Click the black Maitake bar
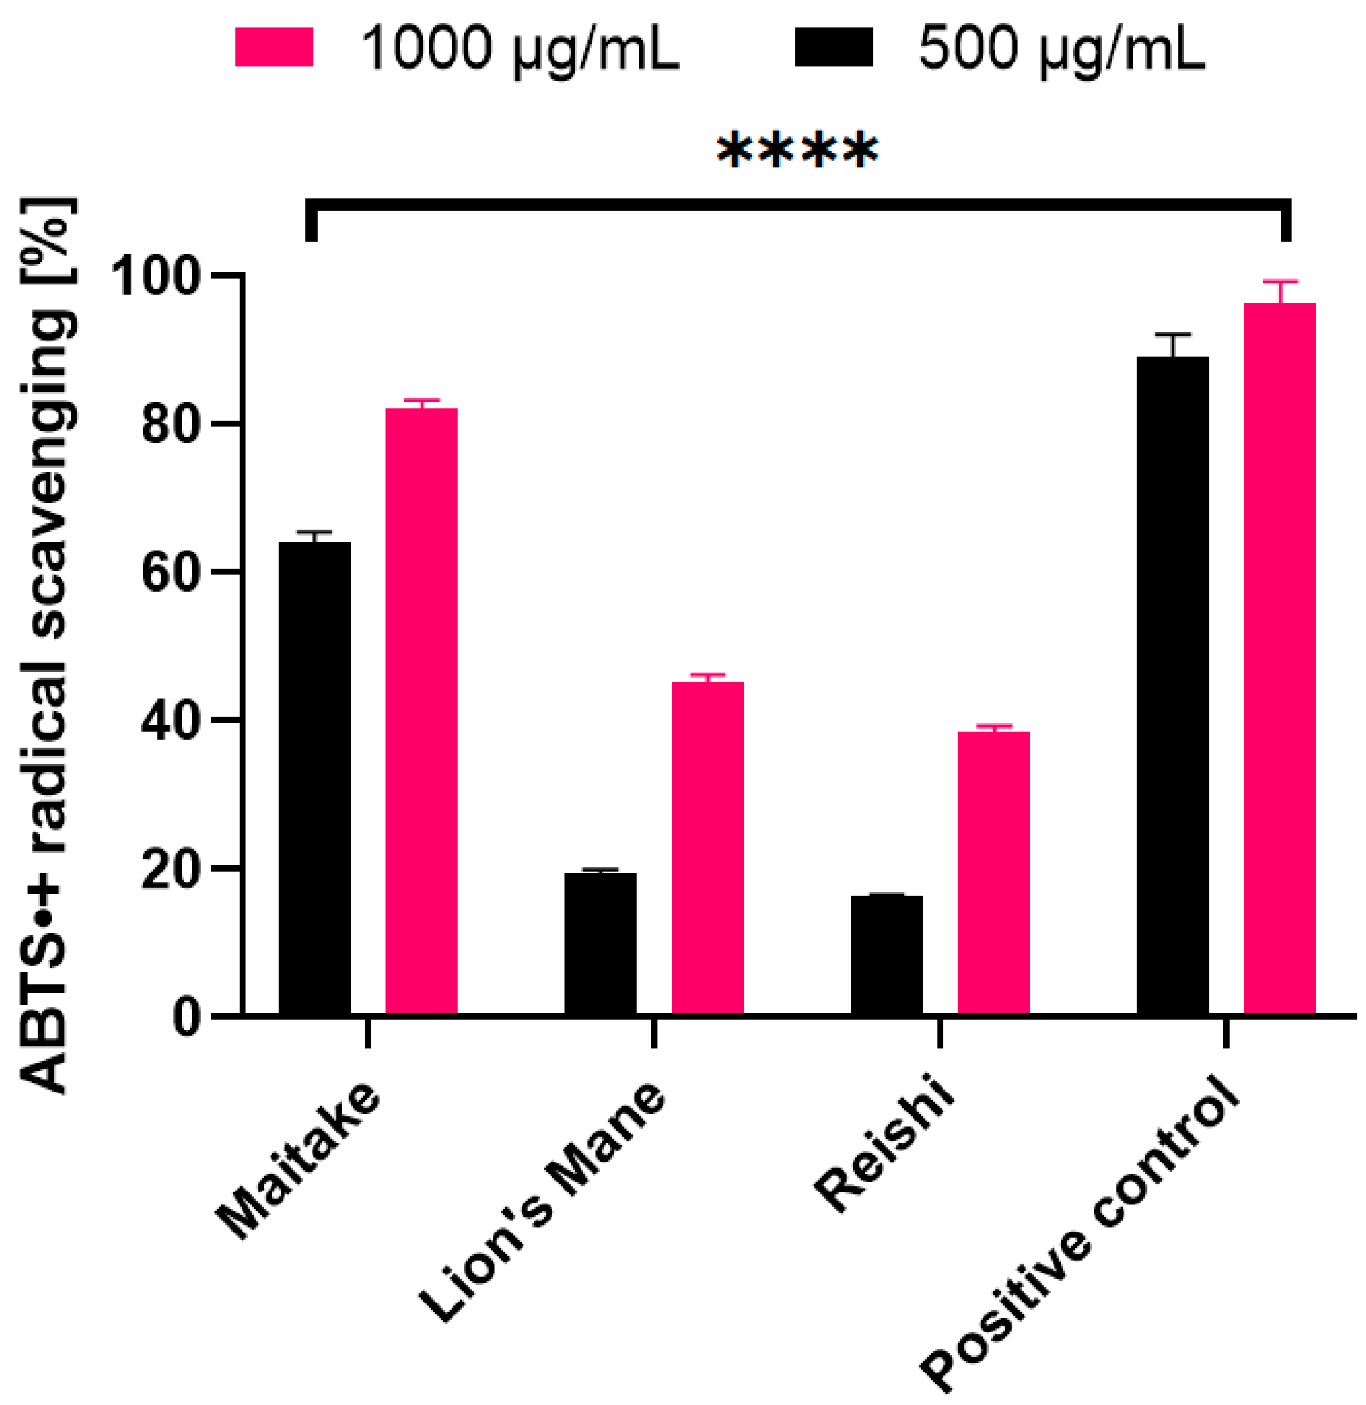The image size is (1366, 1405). tap(314, 778)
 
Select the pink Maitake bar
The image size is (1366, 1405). tap(422, 710)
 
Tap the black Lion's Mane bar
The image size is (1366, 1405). tap(600, 943)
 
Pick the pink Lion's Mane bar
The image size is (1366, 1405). tap(708, 847)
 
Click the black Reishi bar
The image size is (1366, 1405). tap(887, 955)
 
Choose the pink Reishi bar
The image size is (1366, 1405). tap(994, 872)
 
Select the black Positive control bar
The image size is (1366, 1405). tap(1173, 685)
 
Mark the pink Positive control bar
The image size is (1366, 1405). tap(1280, 658)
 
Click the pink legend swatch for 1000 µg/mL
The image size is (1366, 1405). tap(274, 47)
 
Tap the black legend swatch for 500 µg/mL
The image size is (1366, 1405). tap(834, 47)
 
